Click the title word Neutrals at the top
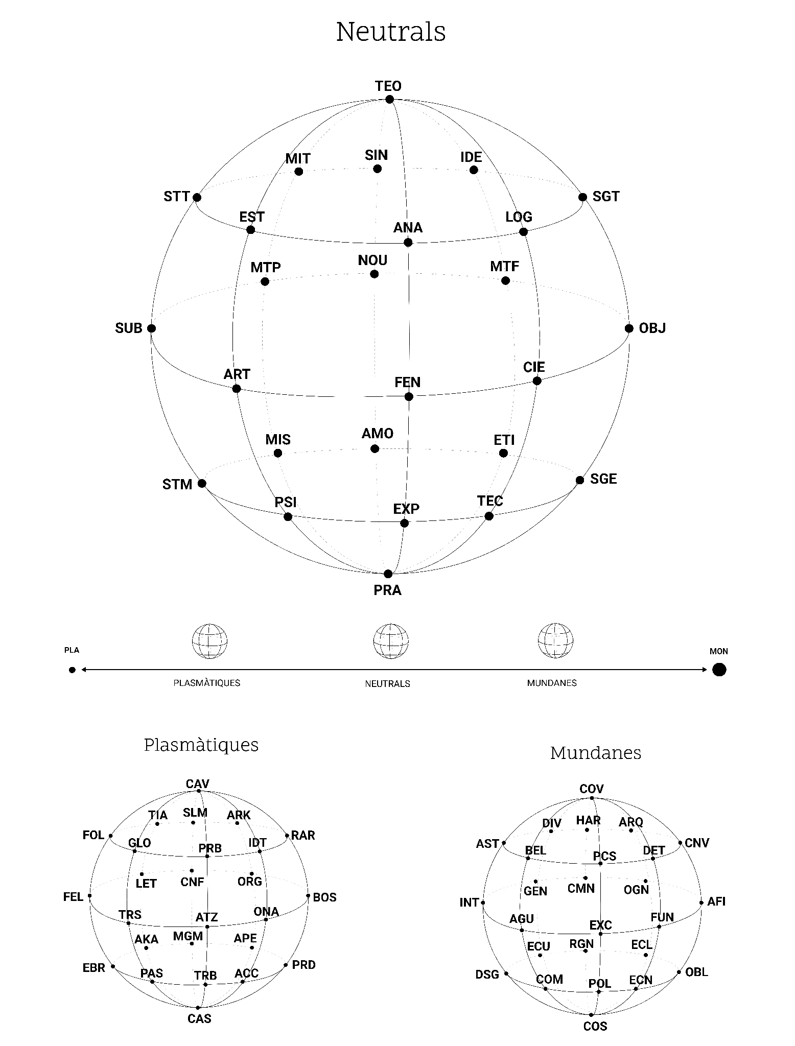(x=391, y=32)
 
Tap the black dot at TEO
(x=390, y=99)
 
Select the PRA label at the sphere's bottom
(x=387, y=590)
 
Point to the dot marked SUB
(x=151, y=328)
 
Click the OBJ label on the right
(x=652, y=328)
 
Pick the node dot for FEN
(x=408, y=396)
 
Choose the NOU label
(x=372, y=260)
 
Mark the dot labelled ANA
(x=408, y=242)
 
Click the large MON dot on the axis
(x=719, y=670)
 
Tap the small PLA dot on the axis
(x=72, y=670)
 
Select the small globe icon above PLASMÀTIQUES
(x=209, y=641)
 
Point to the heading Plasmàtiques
(x=201, y=745)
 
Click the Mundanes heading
(x=596, y=753)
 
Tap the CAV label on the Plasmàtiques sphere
(x=198, y=784)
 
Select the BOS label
(x=324, y=897)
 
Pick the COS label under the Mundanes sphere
(x=595, y=1027)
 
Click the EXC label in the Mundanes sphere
(x=601, y=925)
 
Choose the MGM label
(x=188, y=936)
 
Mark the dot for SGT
(x=582, y=197)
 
